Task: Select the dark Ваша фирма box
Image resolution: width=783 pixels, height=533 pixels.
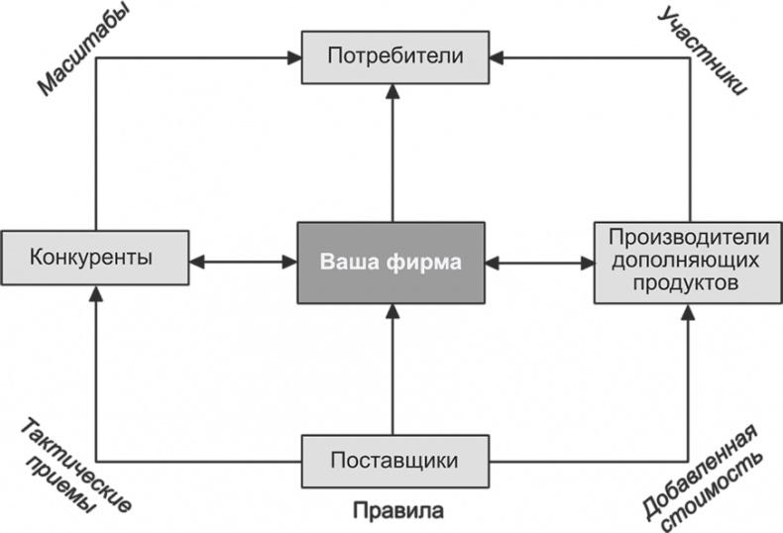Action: click(392, 264)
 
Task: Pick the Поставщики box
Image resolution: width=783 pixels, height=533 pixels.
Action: click(392, 461)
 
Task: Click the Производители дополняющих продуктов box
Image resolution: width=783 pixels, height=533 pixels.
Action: click(688, 262)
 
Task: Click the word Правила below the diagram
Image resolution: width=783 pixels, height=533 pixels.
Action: click(396, 512)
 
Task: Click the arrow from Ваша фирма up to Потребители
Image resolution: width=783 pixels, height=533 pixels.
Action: click(392, 154)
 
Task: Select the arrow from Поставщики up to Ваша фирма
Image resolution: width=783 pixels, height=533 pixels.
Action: click(392, 372)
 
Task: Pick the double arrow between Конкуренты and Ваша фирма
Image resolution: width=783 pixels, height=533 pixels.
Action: click(243, 263)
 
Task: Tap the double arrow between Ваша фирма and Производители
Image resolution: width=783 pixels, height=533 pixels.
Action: click(540, 263)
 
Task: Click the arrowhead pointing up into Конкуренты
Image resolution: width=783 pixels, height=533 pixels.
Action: click(95, 294)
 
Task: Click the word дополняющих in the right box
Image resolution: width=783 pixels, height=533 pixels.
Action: click(688, 261)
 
